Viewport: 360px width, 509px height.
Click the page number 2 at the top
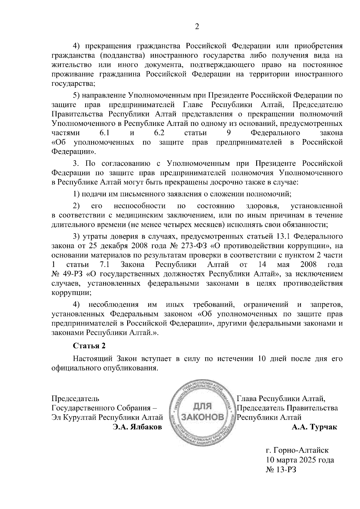(x=197, y=27)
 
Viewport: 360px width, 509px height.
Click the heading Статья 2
(x=89, y=346)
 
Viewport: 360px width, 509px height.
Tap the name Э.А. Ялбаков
(x=137, y=427)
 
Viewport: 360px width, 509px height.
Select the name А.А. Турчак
(x=314, y=427)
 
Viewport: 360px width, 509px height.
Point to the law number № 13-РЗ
(x=281, y=470)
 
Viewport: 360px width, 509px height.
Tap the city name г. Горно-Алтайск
(x=297, y=450)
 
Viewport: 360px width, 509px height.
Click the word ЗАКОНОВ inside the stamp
(x=203, y=418)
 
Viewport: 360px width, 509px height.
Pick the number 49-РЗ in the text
(x=72, y=274)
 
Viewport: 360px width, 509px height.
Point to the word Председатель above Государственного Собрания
(x=75, y=399)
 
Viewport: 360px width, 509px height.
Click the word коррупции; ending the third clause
(x=71, y=293)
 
